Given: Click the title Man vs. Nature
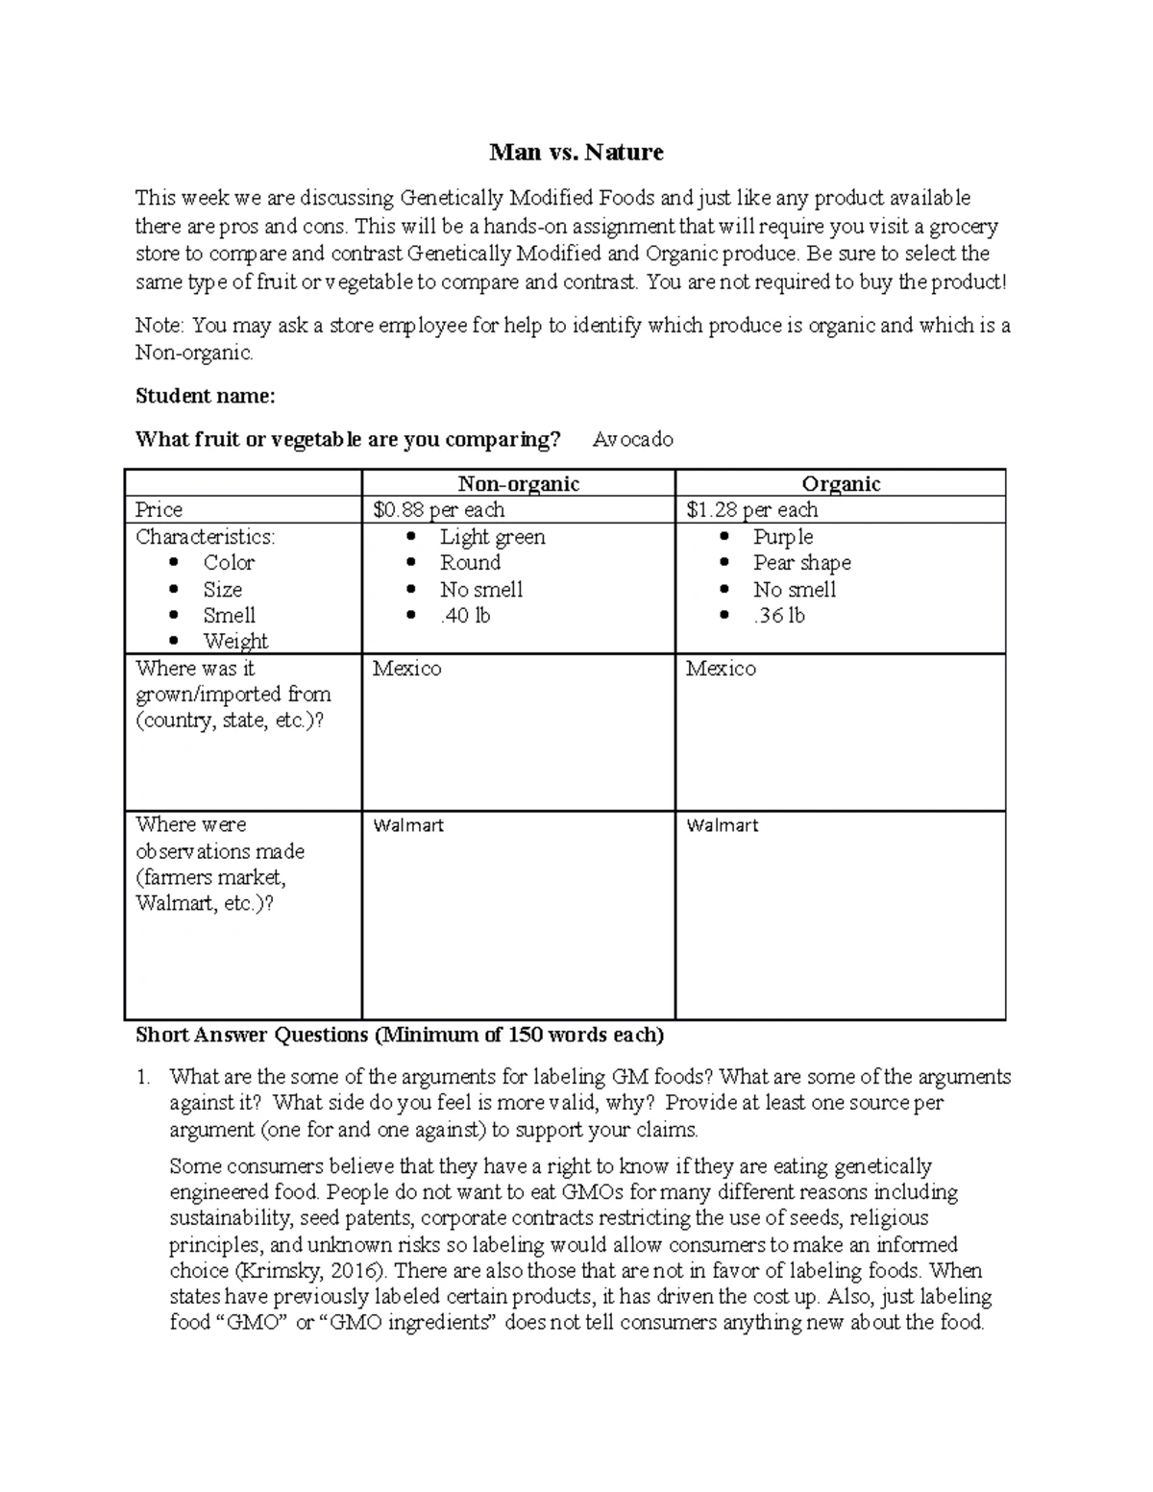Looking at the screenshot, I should pos(576,152).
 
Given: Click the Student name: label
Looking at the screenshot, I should pos(205,396).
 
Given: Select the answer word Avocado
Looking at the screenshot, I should pos(632,440).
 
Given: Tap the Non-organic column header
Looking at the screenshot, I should pos(518,484).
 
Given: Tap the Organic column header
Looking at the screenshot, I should pos(841,484).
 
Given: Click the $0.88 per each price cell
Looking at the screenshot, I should pos(438,510).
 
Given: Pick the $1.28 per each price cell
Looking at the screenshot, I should pos(751,510).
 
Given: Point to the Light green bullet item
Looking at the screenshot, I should pos(492,537).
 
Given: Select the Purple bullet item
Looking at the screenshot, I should pos(782,537).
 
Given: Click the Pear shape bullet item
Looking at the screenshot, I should pos(801,563).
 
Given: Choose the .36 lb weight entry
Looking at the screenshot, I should pos(778,616).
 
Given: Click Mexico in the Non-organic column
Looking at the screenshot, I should pos(406,669).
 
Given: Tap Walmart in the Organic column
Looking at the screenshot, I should pos(722,825).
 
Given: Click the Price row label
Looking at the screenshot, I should pos(159,510).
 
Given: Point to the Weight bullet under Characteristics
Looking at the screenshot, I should pos(235,641).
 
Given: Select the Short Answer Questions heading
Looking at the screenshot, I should pos(399,1035).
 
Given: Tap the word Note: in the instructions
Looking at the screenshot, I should pos(159,326).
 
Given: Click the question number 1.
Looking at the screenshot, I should pos(143,1077).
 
